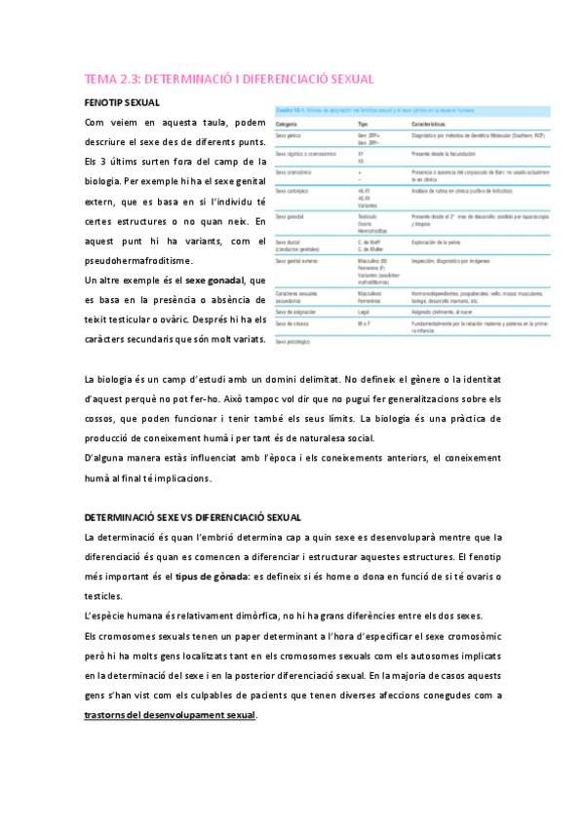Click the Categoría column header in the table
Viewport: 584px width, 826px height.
(x=288, y=126)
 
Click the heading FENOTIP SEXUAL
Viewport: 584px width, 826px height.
(x=122, y=101)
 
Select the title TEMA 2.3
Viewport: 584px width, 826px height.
(x=229, y=79)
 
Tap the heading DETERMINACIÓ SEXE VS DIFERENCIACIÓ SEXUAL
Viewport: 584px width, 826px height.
(x=193, y=517)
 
